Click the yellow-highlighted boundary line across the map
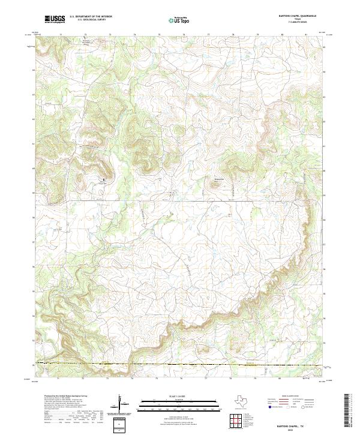180,364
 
